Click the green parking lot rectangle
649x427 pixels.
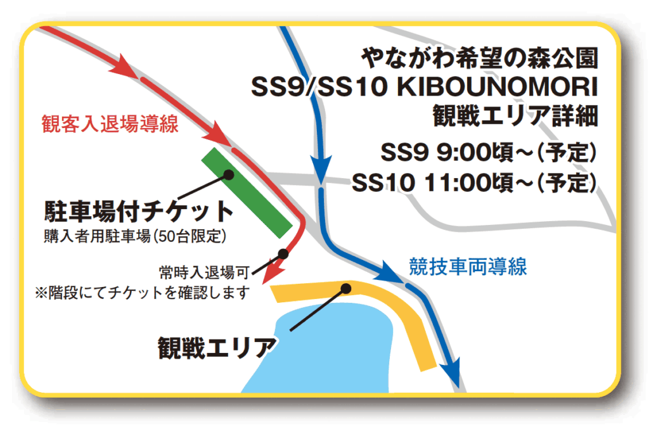(247, 193)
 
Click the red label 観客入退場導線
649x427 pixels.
(110, 124)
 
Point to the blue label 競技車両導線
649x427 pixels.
(468, 267)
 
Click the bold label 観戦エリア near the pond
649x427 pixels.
(217, 348)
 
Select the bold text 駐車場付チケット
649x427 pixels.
(139, 212)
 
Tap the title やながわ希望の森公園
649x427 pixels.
(480, 58)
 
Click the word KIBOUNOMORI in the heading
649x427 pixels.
(498, 87)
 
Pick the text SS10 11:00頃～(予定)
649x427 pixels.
(475, 182)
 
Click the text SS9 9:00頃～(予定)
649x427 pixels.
(489, 152)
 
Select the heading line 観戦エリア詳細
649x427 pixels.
(516, 116)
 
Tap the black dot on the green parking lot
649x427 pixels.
(228, 175)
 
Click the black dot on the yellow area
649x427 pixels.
(346, 288)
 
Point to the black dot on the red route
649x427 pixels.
(283, 253)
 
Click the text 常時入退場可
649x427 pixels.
(204, 272)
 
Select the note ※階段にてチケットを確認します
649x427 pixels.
(143, 293)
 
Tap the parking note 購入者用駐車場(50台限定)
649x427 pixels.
(135, 236)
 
